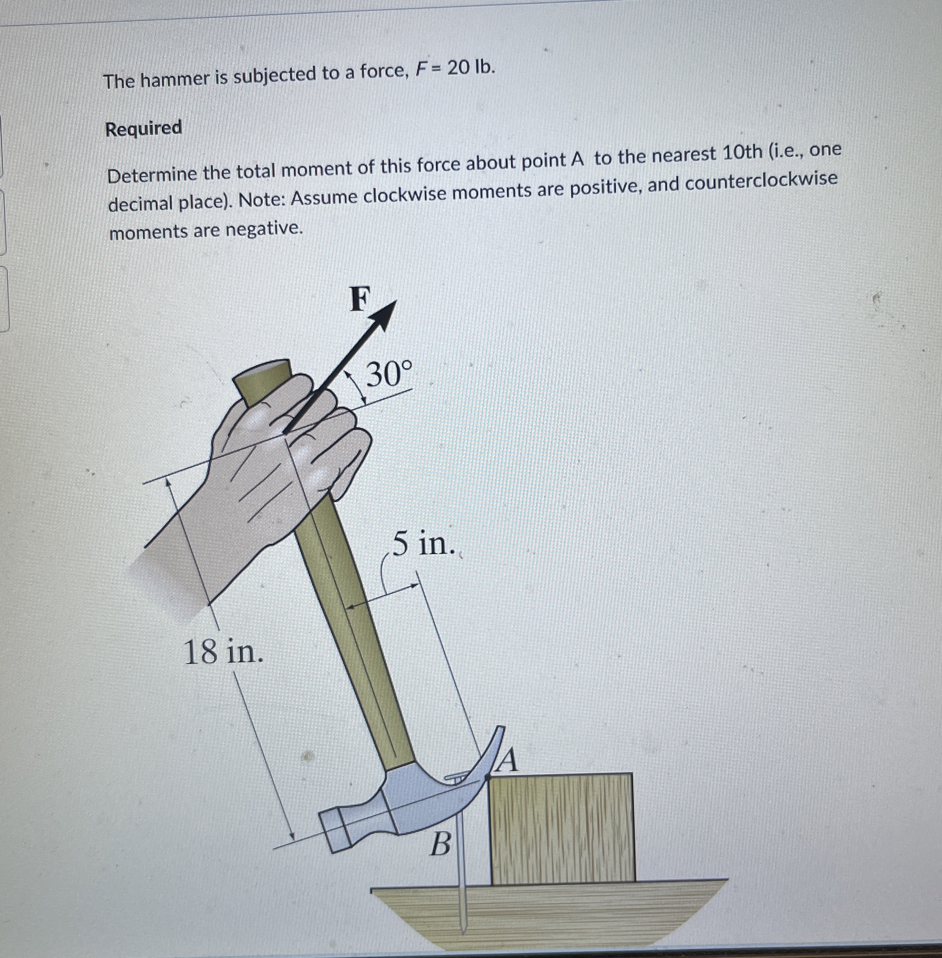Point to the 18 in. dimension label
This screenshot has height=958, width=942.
223,652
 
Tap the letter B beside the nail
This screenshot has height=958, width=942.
440,844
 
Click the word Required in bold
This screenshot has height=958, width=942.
143,129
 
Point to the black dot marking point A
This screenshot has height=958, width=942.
488,778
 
